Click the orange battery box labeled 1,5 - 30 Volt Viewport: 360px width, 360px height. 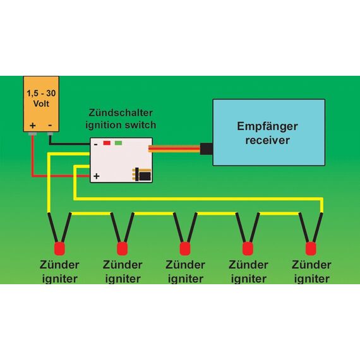(x=41, y=104)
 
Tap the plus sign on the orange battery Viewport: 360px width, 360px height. (x=33, y=125)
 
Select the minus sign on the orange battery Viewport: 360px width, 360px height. (x=50, y=125)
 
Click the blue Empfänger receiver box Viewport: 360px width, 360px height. (x=269, y=132)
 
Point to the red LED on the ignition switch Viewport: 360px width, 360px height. (x=107, y=143)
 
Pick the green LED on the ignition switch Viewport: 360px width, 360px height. (x=118, y=143)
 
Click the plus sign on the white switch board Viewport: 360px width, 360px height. (x=97, y=176)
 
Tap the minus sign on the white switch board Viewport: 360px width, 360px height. (x=96, y=145)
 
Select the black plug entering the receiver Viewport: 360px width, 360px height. (x=207, y=148)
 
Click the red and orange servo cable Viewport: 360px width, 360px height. (x=174, y=148)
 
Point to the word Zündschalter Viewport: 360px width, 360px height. (x=121, y=112)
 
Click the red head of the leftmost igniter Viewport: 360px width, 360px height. (x=59, y=249)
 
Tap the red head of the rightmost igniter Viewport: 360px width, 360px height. (x=311, y=249)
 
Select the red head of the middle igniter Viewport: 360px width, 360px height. (x=185, y=249)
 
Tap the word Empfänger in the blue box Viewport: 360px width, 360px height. (x=268, y=126)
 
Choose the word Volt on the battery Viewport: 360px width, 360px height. (x=41, y=104)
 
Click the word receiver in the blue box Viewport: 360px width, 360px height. (x=268, y=140)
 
